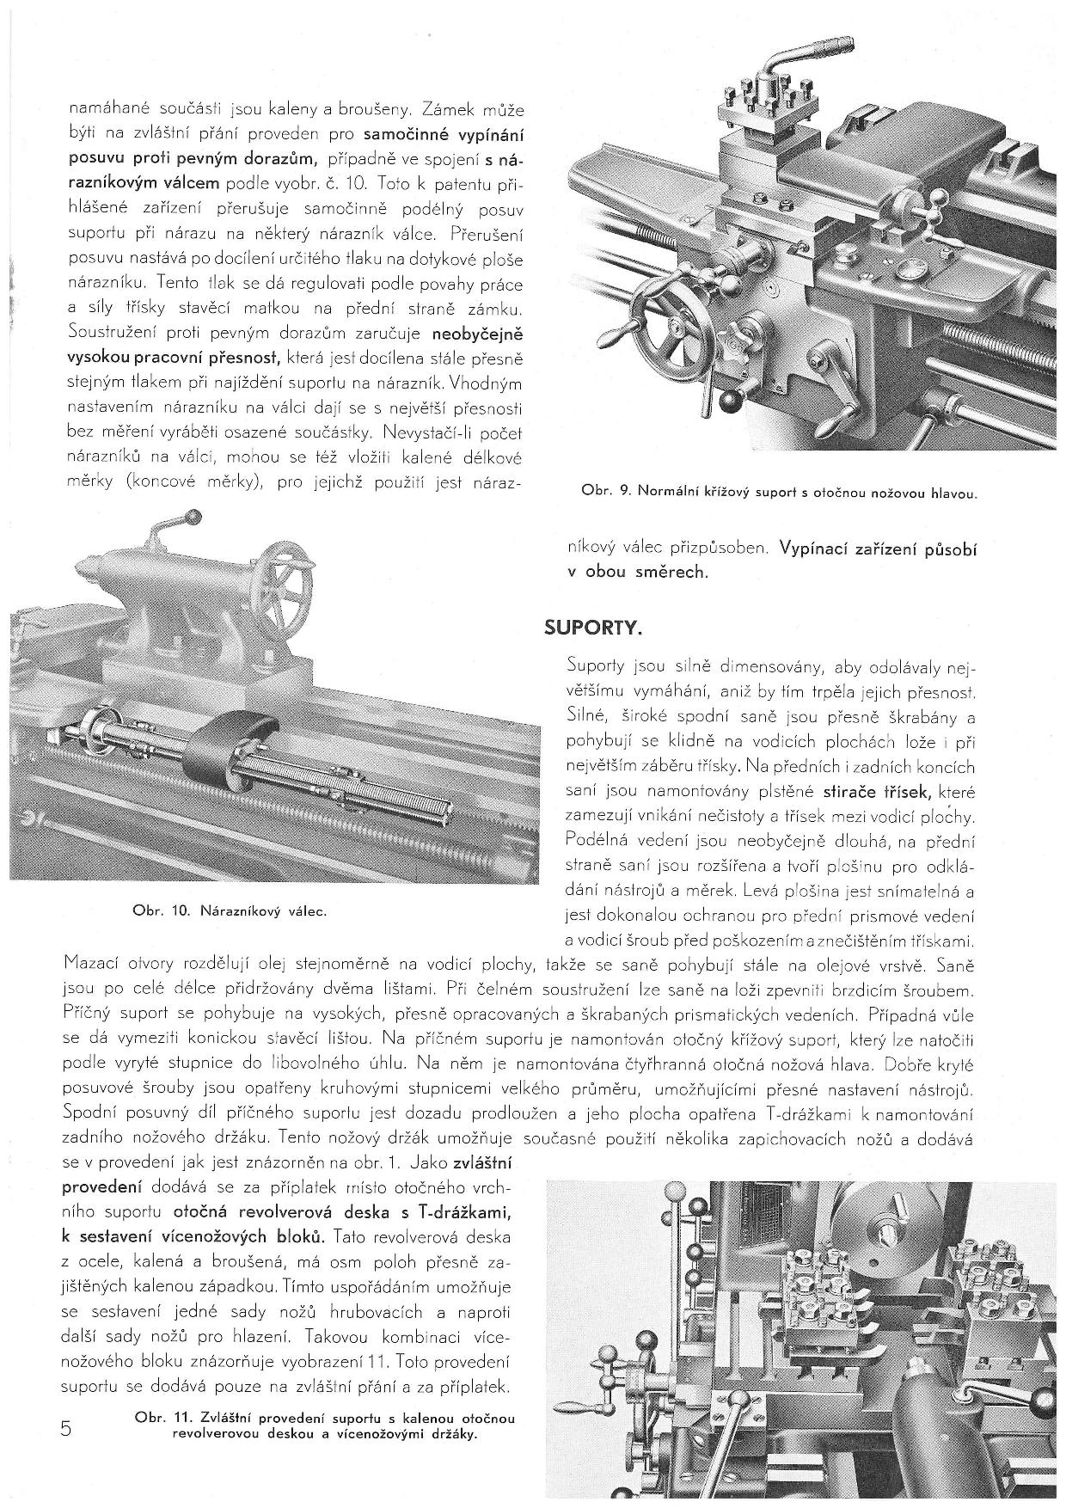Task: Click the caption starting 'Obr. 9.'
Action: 780,493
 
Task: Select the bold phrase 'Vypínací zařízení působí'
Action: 878,548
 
